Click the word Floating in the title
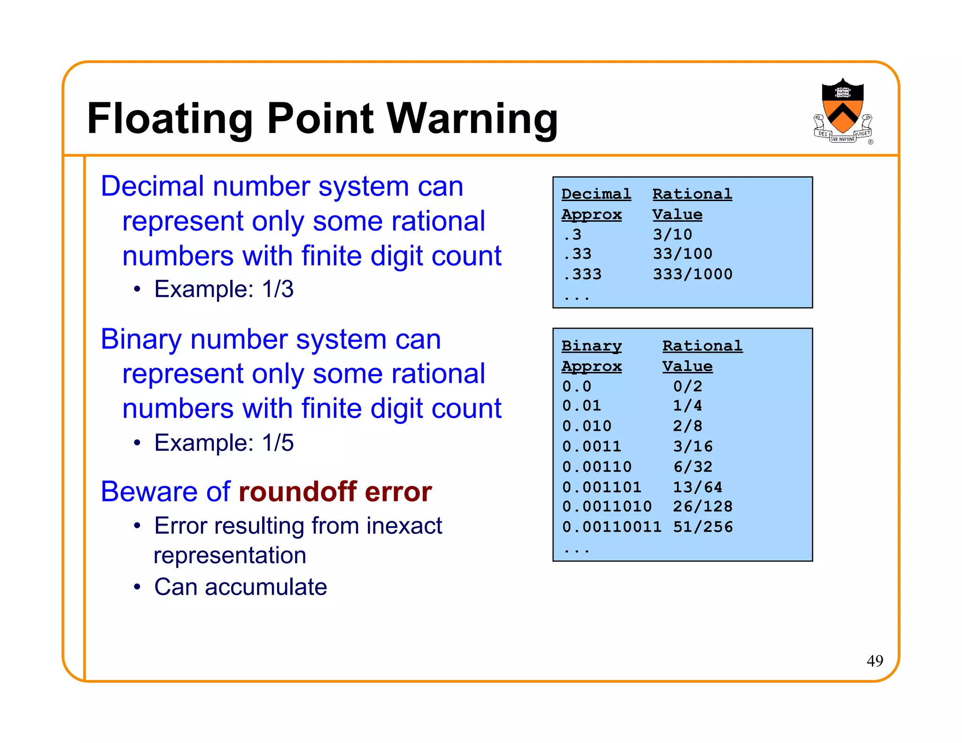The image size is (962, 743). coord(170,118)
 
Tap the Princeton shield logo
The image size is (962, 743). coord(843,110)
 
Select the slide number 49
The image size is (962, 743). coord(875,661)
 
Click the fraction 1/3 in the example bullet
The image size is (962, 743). coord(278,289)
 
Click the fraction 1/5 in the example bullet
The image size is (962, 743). coord(278,442)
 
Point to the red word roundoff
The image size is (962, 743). coord(298,492)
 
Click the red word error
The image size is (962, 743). coord(398,492)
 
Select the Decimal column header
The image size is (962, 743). coord(596,194)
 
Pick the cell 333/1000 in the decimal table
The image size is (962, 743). coord(692,274)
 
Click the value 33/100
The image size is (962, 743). coord(682,254)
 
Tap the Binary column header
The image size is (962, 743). coord(591,346)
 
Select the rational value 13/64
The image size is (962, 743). coord(697,487)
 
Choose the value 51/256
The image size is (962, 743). coord(702,527)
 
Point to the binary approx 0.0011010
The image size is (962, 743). coord(606,507)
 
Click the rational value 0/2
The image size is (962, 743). coord(687,387)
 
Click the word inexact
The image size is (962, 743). coord(404,526)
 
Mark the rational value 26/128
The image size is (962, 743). coord(702,507)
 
